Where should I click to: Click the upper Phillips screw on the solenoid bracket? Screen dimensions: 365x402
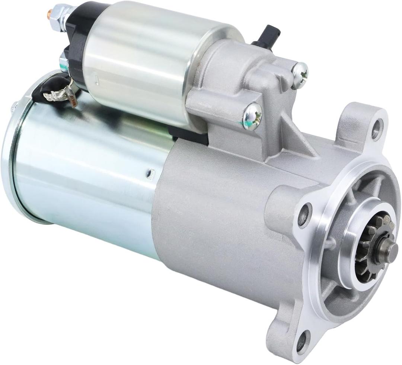click(300, 75)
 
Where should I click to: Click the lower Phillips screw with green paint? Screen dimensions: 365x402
click(252, 116)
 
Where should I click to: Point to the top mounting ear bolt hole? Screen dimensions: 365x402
click(377, 128)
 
